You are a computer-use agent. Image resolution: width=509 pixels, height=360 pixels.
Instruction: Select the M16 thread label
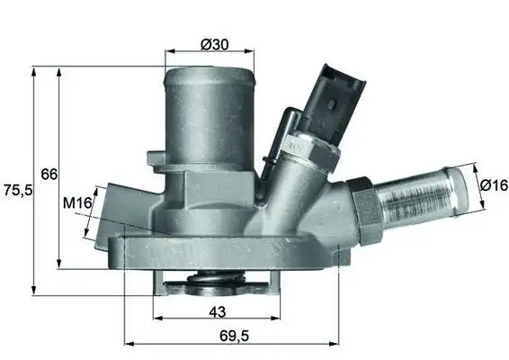(77, 204)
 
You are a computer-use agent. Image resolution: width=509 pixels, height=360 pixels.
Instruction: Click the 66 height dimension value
(49, 173)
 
